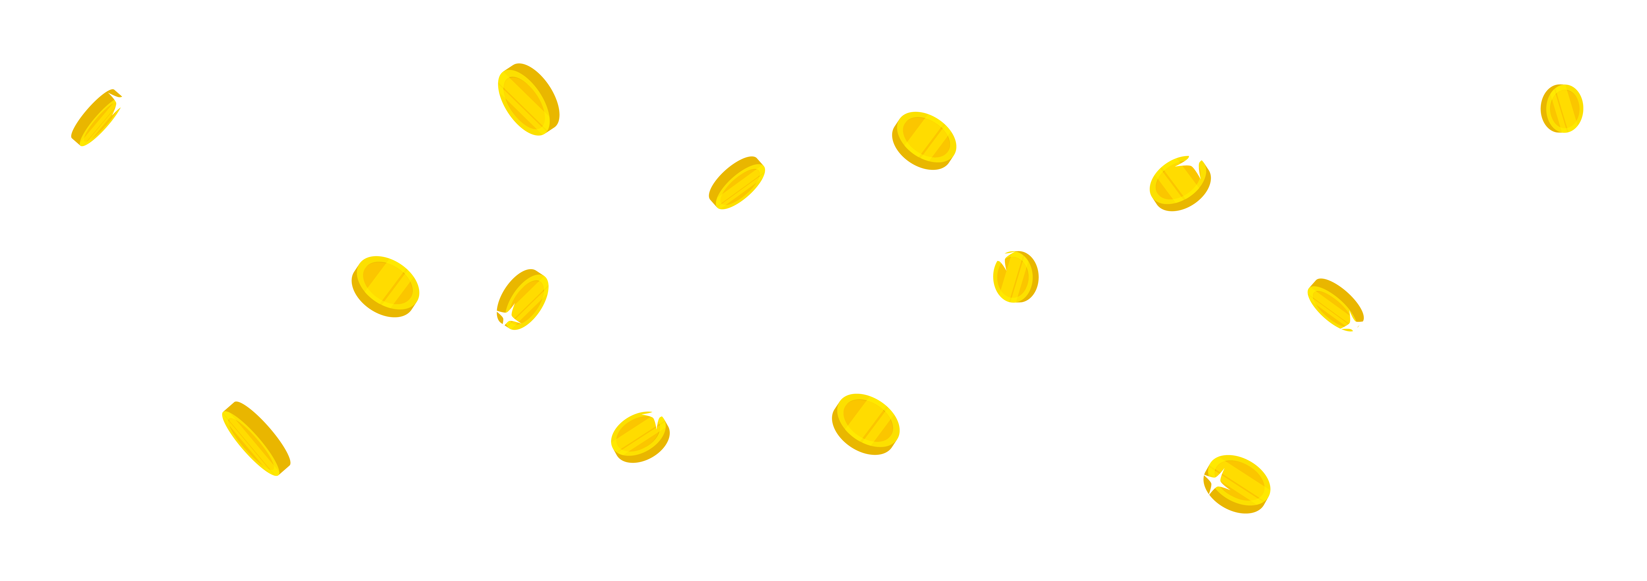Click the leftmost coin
click(96, 118)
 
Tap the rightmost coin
click(1561, 109)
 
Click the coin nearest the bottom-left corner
click(256, 438)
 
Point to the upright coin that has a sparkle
click(1015, 277)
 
